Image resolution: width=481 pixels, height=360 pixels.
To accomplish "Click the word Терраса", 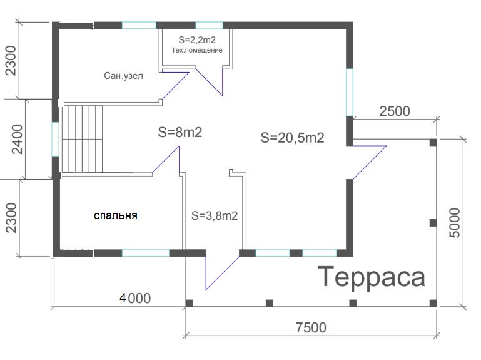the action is coord(372,278).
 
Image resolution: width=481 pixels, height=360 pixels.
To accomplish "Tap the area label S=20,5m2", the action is coord(292,137).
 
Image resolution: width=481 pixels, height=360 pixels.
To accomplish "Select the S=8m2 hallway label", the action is coord(180,132).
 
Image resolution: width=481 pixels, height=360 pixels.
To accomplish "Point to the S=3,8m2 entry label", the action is coord(215,215).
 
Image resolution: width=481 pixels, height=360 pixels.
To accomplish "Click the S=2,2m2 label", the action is coord(197,39).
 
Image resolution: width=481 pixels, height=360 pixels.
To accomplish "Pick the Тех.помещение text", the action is coord(197,50).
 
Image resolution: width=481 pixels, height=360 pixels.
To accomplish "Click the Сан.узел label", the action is coord(123,76).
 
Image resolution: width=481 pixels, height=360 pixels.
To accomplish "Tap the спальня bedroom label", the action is coord(116,215).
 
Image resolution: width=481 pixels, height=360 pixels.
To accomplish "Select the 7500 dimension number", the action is coord(311,327).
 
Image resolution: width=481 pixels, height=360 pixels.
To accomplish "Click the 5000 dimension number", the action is coord(455,223).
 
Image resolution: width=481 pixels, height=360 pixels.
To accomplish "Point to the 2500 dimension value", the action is coord(395,111).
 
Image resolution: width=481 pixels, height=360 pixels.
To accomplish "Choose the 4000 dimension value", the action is coord(135,298).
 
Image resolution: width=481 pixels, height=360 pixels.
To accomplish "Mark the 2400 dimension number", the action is coord(16,139).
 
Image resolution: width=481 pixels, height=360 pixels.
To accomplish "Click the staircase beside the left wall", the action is coord(82,139).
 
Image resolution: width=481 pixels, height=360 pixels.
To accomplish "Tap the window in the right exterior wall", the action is coord(350,92).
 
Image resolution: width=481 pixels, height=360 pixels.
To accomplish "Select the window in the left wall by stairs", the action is coord(55,139).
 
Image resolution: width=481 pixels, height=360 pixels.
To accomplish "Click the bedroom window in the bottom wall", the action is coord(146,253).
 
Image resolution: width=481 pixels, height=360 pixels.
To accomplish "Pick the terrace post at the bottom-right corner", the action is coord(433,303).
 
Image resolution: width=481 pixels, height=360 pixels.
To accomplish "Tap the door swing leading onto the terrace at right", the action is coord(369,162).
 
